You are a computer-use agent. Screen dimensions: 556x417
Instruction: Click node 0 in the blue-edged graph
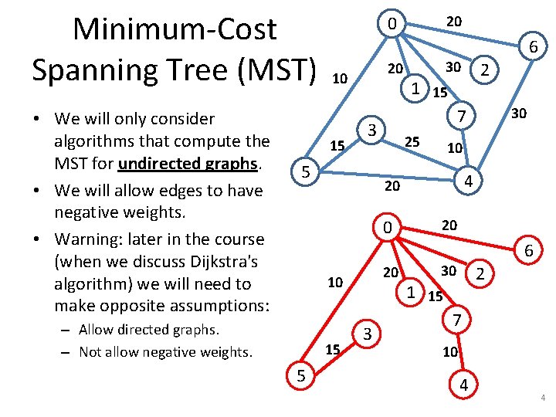pos(392,25)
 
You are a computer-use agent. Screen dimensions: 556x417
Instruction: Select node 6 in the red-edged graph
pos(529,251)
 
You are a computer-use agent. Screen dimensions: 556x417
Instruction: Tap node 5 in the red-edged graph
pos(301,376)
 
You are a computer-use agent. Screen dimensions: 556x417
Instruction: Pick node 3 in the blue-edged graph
pos(371,130)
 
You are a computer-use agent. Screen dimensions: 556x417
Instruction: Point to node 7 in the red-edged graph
pos(456,319)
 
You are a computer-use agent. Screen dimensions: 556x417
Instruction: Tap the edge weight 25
pos(412,142)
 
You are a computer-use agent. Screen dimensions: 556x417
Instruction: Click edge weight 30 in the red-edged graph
pos(448,270)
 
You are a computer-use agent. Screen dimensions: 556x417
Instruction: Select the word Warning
pos(84,239)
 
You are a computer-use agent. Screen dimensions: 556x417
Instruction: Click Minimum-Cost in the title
pos(174,29)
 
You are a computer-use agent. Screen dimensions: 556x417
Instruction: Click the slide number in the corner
pos(543,398)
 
